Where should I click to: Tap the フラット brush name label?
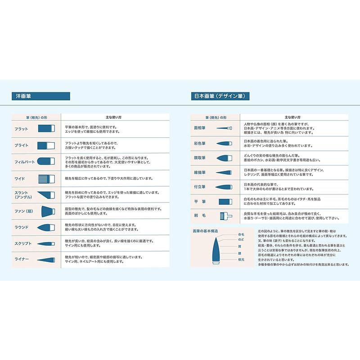point(21,129)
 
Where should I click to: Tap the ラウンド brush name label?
point(22,227)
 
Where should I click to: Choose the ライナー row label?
point(22,260)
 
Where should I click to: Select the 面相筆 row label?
point(199,128)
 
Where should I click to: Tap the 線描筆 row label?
point(199,172)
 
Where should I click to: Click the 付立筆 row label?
point(199,187)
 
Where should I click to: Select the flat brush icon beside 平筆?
point(225,202)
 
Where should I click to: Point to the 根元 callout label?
point(241,259)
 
